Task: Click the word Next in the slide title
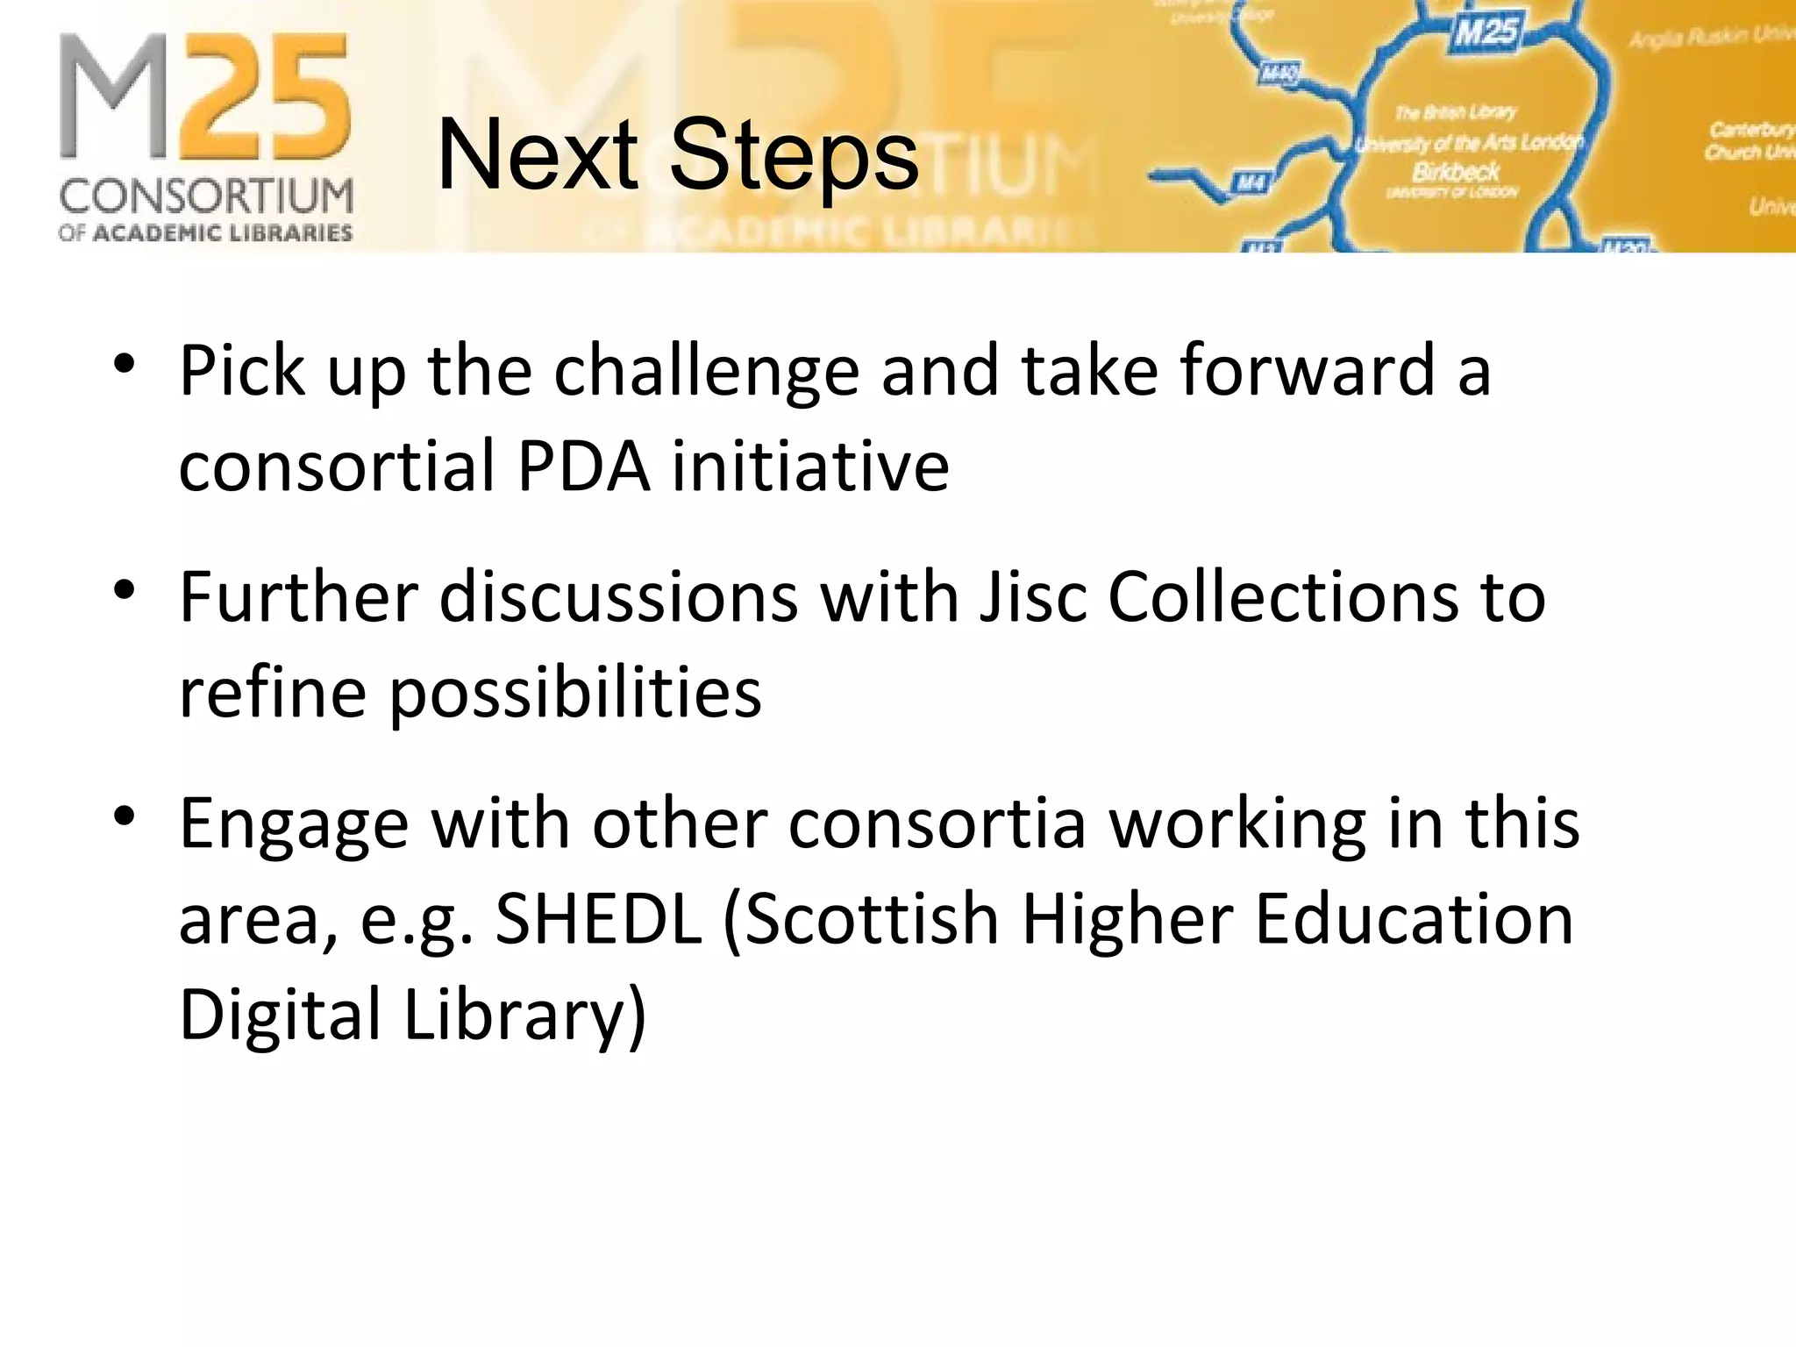(537, 156)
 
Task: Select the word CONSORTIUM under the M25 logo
(206, 196)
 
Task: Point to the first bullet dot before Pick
(125, 362)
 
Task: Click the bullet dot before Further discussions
(125, 588)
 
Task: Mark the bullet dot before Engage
(125, 815)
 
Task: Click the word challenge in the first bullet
(706, 372)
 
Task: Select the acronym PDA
(583, 466)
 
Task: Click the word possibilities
(575, 694)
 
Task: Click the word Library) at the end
(524, 1015)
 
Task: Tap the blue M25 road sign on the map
(1486, 32)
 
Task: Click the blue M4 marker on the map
(1249, 183)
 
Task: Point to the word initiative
(810, 466)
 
